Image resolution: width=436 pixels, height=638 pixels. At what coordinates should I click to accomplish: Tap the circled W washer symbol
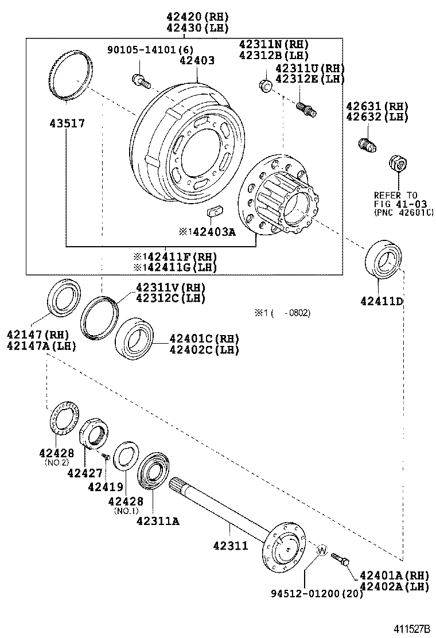click(x=321, y=551)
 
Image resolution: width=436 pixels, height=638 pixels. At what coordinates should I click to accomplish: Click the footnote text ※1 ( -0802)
click(x=282, y=313)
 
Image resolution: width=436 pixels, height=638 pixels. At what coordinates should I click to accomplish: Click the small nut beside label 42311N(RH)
click(x=265, y=85)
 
